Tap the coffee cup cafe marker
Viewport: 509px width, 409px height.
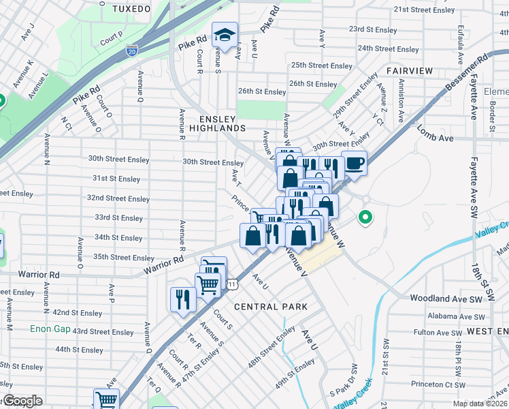pyautogui.click(x=354, y=162)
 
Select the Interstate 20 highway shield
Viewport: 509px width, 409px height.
pyautogui.click(x=131, y=50)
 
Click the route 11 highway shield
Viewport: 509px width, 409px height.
pyautogui.click(x=232, y=283)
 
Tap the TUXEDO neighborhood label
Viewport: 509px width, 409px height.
pyautogui.click(x=131, y=9)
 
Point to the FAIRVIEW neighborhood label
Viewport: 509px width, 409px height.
pyautogui.click(x=410, y=71)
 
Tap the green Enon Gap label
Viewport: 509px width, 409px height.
pyautogui.click(x=50, y=329)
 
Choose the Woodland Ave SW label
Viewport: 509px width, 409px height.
pyautogui.click(x=445, y=299)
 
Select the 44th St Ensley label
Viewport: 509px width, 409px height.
pyautogui.click(x=80, y=350)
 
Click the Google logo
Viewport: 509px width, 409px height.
pyautogui.click(x=22, y=401)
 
